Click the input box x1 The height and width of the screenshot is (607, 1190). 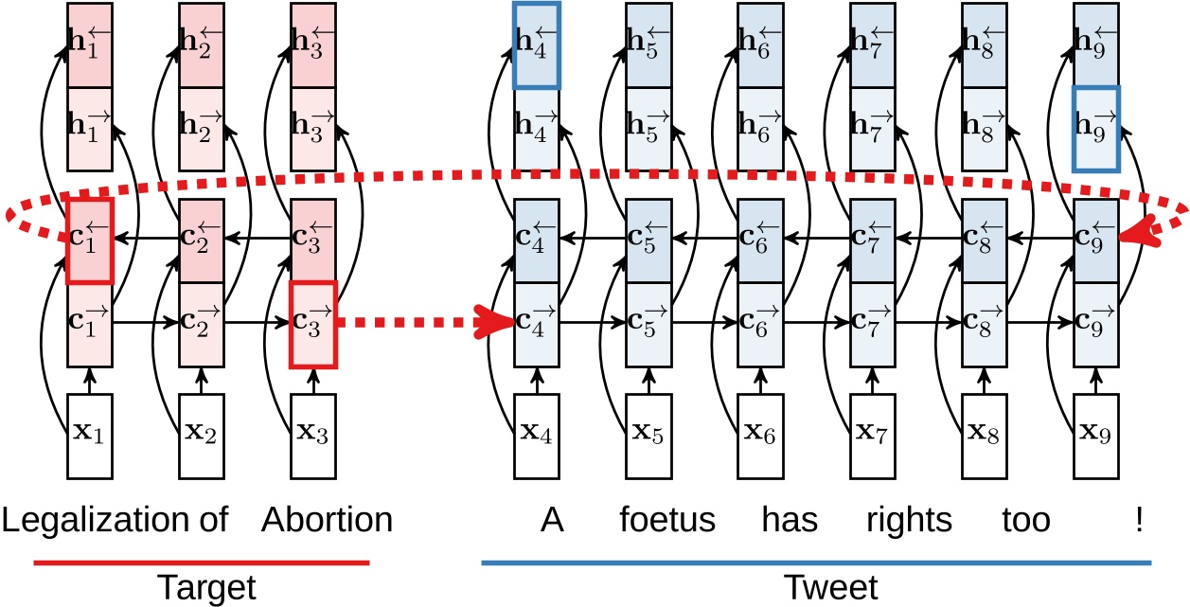point(90,436)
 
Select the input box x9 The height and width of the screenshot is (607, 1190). point(1096,436)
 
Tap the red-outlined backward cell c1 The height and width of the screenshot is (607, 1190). point(90,241)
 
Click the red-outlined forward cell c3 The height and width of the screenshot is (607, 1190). point(313,323)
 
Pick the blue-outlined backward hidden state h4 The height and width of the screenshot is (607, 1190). point(537,46)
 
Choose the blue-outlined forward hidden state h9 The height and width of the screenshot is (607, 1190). point(1096,129)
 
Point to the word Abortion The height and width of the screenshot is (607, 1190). point(327,520)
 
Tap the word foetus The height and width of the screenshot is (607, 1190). point(667,520)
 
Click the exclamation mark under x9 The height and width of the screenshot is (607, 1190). point(1137,520)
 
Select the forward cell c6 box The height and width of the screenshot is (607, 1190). point(761,323)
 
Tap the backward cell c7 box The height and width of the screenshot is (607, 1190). point(873,241)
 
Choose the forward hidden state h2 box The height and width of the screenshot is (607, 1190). point(202,129)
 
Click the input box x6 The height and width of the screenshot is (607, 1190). point(761,436)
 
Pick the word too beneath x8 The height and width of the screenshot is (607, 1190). point(1026,520)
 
